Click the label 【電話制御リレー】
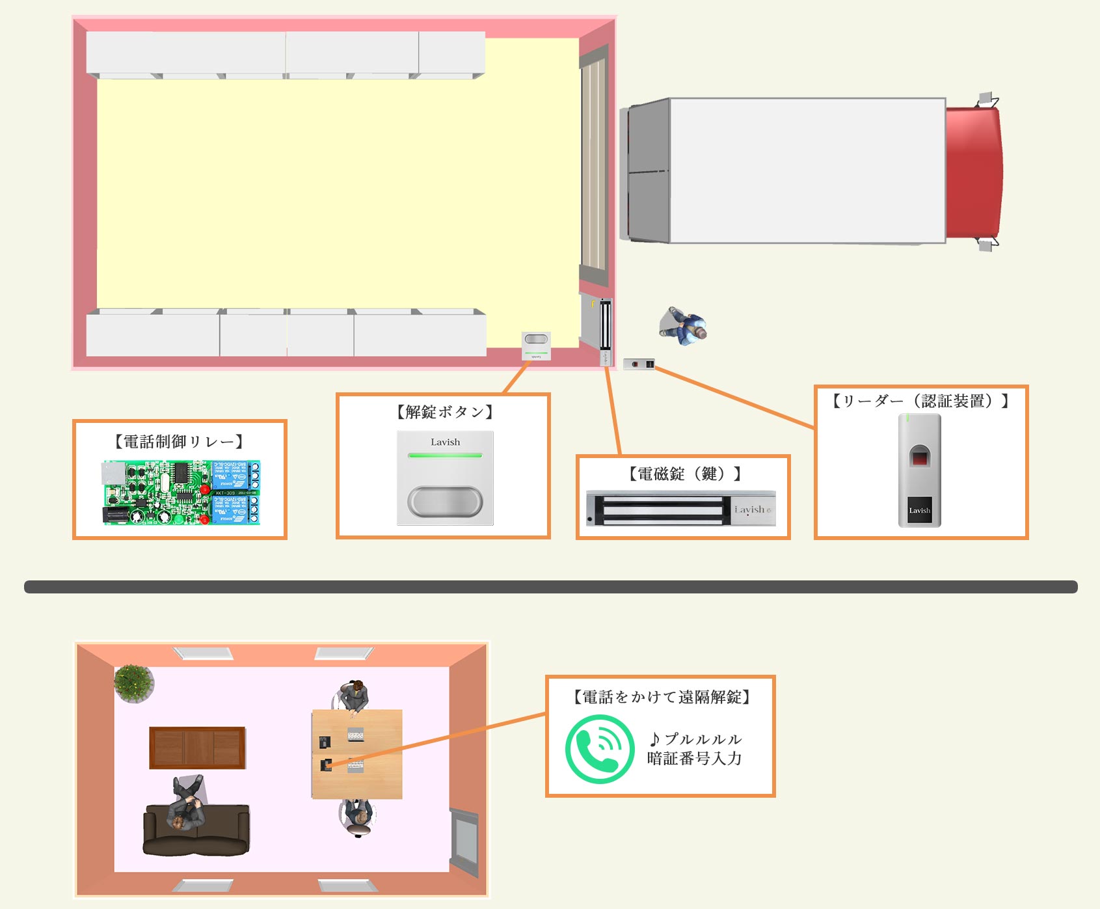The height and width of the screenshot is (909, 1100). pos(179,442)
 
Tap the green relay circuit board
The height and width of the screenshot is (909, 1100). pos(181,493)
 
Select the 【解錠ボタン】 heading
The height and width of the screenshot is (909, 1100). pos(445,412)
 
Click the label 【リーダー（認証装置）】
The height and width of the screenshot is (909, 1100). pos(920,401)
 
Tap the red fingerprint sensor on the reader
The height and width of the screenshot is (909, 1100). pos(919,457)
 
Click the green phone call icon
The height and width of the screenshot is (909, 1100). pos(599,748)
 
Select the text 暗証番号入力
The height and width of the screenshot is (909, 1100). pos(694,759)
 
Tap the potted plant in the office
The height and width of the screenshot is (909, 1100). pos(133,683)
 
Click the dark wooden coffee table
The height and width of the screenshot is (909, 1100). pos(197,748)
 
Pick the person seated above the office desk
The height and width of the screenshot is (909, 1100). pos(355,696)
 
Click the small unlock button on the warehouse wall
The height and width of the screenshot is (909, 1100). pos(536,345)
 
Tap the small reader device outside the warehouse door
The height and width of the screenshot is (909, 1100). pos(639,364)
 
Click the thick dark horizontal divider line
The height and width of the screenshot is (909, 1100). pos(550,587)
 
